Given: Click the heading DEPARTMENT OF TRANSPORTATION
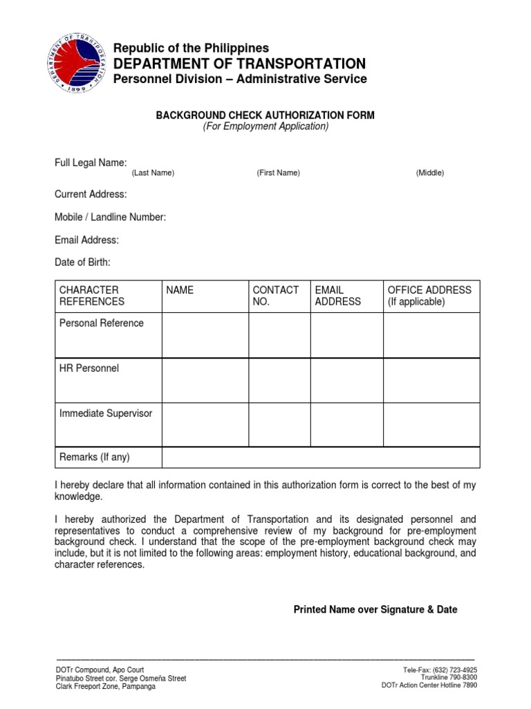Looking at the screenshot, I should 239,64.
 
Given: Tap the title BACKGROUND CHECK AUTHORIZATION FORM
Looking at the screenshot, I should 265,116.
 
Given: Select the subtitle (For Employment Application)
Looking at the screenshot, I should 265,127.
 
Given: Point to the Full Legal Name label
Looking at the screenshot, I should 91,163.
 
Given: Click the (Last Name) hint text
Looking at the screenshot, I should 153,173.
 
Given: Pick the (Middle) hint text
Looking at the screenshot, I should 429,173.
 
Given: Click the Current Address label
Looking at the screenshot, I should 91,195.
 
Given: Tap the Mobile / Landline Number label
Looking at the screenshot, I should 110,217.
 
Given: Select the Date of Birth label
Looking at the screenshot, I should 82,262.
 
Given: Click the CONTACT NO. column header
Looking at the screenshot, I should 276,296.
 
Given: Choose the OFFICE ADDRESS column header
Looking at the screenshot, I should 429,296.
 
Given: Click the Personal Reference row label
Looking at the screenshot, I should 102,323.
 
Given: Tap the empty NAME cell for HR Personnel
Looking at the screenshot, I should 205,380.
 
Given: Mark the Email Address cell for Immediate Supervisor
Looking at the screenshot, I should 346,424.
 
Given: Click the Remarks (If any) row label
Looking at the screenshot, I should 95,457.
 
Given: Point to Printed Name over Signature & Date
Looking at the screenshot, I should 375,610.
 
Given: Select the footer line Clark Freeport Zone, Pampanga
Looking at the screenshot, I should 105,686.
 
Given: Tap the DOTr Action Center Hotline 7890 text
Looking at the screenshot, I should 429,685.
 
